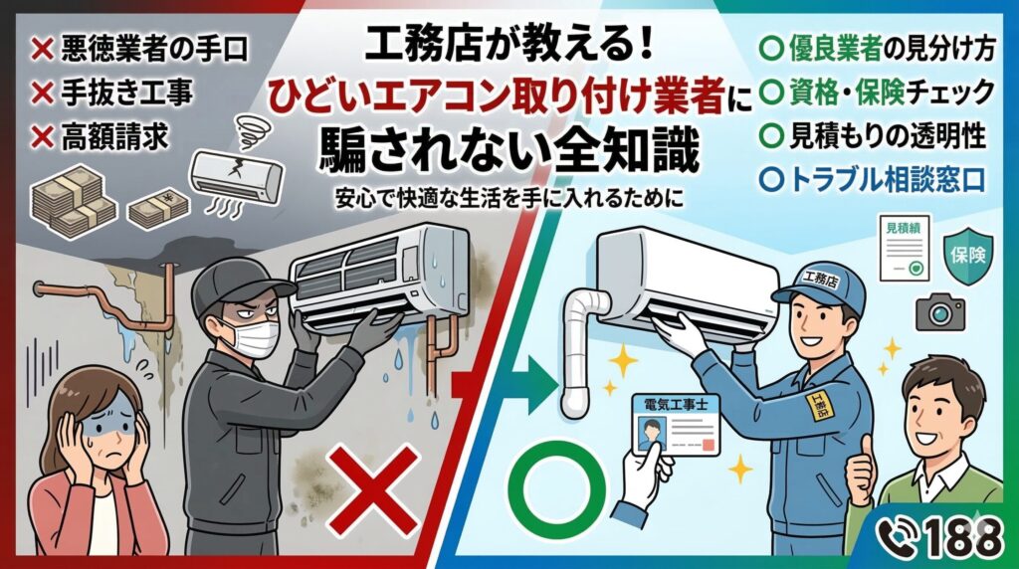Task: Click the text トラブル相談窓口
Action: click(x=888, y=179)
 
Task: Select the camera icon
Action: click(x=939, y=313)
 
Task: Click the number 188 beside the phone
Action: click(x=964, y=538)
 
